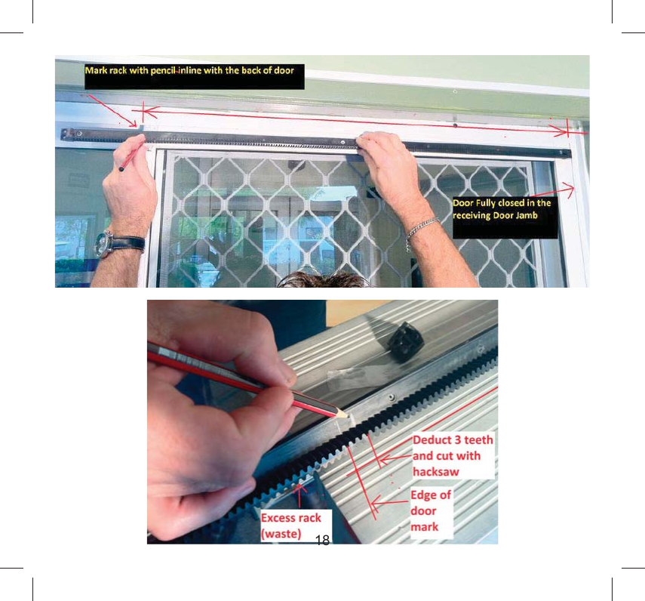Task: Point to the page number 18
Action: coord(322,539)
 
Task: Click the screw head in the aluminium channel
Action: coord(390,395)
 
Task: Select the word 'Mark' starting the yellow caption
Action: coord(96,70)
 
